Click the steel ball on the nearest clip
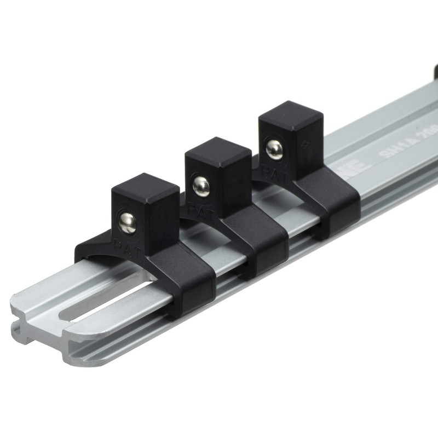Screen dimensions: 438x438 [128, 223]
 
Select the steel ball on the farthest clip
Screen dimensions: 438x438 [274, 149]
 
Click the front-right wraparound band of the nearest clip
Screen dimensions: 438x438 [192, 285]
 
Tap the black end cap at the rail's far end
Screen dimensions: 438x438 [435, 71]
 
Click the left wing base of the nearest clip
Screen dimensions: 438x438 [88, 252]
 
